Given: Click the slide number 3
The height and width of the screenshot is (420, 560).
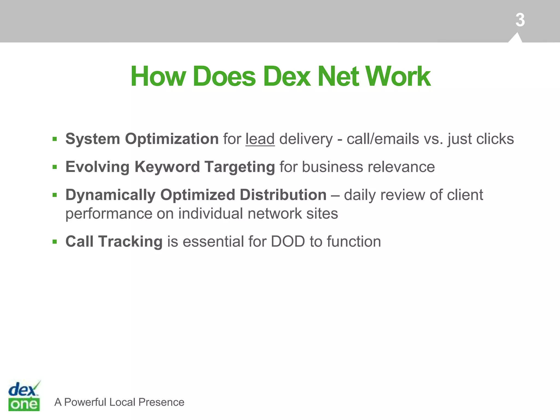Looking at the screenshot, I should tap(520, 20).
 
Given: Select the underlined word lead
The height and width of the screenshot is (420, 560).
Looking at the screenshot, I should tap(260, 139).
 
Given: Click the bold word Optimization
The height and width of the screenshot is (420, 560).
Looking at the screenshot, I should tap(172, 139).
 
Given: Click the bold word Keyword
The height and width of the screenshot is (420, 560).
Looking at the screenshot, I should tap(167, 167).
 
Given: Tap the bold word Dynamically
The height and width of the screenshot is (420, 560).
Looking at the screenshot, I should tap(110, 195).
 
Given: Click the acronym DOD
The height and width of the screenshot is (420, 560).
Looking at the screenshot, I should tap(288, 242).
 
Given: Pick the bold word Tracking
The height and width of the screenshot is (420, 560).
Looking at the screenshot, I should tap(130, 242).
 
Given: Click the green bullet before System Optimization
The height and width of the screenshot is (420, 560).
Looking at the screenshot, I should tap(55, 139).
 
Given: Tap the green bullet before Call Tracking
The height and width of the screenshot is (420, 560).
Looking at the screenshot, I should tap(55, 242).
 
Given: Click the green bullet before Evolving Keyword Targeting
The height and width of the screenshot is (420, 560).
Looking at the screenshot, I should tap(55, 167).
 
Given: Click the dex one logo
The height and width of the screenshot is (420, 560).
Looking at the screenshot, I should tap(24, 396).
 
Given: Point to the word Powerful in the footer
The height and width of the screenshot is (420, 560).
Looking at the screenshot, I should tap(85, 402).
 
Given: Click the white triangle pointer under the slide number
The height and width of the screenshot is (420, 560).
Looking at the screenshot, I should tap(516, 38).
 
